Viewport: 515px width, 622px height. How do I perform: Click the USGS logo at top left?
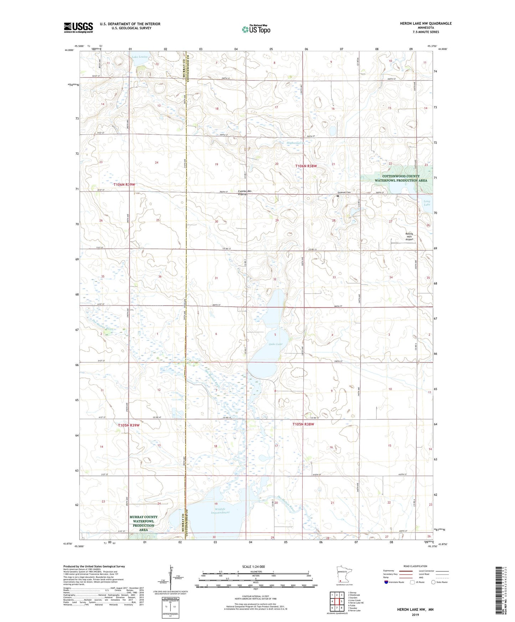tap(78, 27)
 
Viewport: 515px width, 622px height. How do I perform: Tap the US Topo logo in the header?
tap(256, 29)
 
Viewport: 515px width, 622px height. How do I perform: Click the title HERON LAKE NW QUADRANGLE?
tap(426, 24)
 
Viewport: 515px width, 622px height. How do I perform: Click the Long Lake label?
tap(427, 203)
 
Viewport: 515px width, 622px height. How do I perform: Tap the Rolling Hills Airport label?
tap(409, 237)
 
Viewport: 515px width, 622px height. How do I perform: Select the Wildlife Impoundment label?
tap(220, 511)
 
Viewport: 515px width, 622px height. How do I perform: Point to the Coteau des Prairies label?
tap(244, 193)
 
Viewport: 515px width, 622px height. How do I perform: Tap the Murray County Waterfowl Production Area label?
tap(143, 523)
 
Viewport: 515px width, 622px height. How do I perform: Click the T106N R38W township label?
tap(306, 166)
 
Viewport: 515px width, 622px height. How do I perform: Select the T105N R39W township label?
tap(129, 425)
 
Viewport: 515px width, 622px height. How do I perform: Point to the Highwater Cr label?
tap(296, 143)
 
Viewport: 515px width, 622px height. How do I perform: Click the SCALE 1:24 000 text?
tap(253, 567)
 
